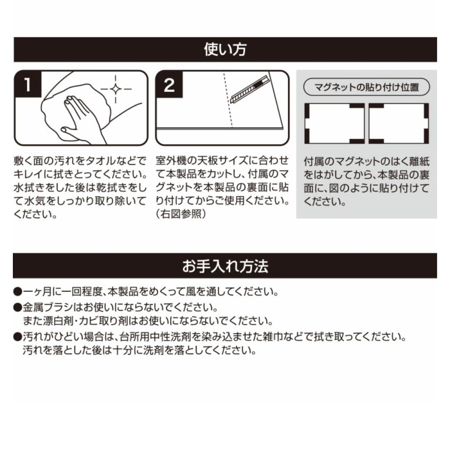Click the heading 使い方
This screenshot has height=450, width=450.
point(224,50)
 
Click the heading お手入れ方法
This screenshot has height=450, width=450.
point(224,265)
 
